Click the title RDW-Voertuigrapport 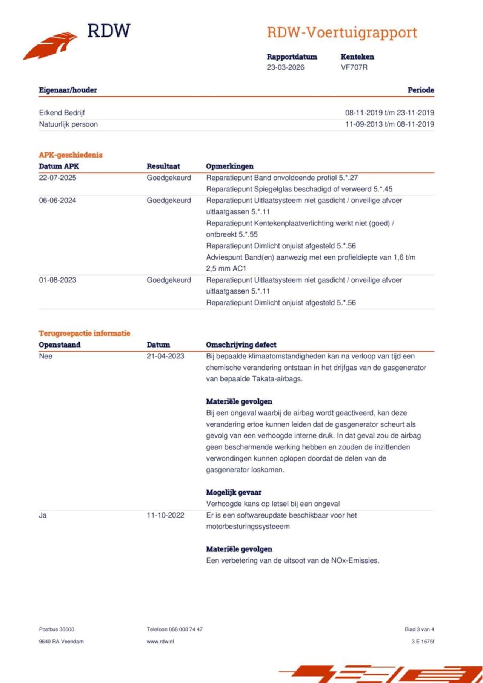click(x=342, y=32)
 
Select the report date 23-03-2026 click(x=285, y=67)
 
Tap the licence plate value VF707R click(x=354, y=67)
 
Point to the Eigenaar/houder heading click(x=68, y=90)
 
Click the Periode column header click(x=420, y=90)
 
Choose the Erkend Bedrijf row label click(x=62, y=113)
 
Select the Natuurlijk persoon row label click(x=68, y=124)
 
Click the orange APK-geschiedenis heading click(x=71, y=155)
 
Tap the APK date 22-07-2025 click(x=57, y=178)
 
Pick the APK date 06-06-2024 click(x=57, y=200)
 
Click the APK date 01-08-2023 click(x=57, y=280)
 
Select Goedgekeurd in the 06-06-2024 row click(x=169, y=200)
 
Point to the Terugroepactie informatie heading click(x=85, y=333)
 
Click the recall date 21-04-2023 click(x=165, y=356)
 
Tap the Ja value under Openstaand click(x=43, y=515)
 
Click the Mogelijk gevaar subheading click(x=234, y=492)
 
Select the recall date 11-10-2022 click(x=165, y=515)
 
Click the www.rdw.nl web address click(x=160, y=642)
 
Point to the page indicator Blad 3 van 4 click(x=419, y=629)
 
